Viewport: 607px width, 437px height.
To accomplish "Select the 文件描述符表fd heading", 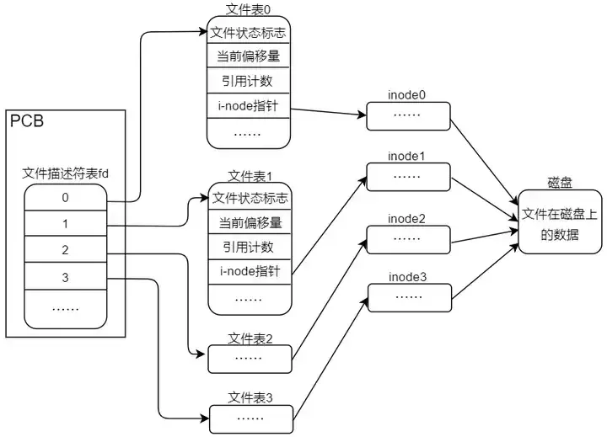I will click(x=65, y=174).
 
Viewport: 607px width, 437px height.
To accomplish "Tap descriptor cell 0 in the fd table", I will click(x=65, y=199).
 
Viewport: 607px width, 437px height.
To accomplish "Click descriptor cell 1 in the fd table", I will click(x=65, y=226).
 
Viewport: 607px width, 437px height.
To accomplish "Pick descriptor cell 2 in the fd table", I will click(x=65, y=252).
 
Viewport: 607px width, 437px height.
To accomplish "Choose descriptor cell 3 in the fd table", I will click(x=65, y=278).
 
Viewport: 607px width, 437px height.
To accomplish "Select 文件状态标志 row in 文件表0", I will click(x=249, y=32).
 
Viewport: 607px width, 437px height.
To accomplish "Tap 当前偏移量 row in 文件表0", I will click(x=249, y=56).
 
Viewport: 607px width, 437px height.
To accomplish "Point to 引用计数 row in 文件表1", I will click(x=249, y=248).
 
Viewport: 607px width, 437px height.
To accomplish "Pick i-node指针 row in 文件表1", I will click(x=249, y=272).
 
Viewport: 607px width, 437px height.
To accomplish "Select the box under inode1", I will click(x=407, y=178).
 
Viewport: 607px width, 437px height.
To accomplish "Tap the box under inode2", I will click(x=407, y=239).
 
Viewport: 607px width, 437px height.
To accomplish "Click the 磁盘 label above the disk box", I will click(x=559, y=183).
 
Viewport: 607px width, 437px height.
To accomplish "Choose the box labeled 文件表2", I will click(x=249, y=358).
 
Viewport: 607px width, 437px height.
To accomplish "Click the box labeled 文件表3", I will click(x=249, y=417).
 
